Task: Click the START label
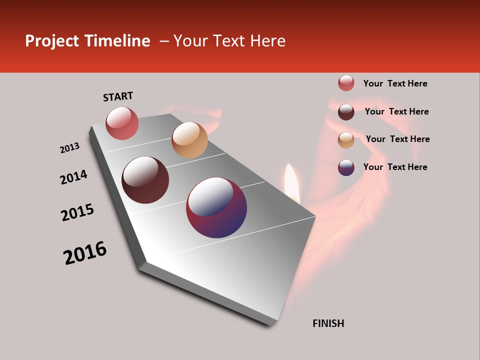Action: (x=118, y=96)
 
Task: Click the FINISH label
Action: (x=328, y=323)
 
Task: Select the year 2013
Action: (x=69, y=148)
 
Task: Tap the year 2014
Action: (x=73, y=177)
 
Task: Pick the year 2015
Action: (x=77, y=212)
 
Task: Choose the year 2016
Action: (x=85, y=253)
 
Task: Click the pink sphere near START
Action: (x=122, y=123)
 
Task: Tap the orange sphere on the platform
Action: (x=189, y=140)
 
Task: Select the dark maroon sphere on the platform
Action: (x=145, y=180)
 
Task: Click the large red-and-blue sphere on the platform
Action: (x=216, y=207)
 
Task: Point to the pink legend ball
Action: (x=346, y=83)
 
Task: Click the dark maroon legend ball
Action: (x=346, y=112)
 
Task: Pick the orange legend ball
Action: (x=346, y=140)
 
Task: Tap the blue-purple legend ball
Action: (x=346, y=167)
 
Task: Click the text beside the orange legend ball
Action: (x=397, y=139)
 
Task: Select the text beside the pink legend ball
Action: (x=395, y=83)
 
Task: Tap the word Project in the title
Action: (x=52, y=41)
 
